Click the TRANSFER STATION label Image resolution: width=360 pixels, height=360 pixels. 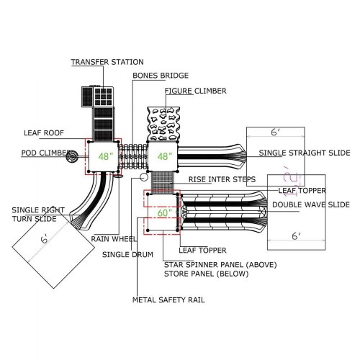pos(107,62)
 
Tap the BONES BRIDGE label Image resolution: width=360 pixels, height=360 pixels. pos(161,76)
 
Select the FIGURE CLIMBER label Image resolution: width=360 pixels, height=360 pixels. pos(196,91)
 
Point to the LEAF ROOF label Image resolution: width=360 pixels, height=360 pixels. pos(44,132)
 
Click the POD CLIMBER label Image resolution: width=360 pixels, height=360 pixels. pos(46,153)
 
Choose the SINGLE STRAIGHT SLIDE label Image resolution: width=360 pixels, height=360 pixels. pos(305,153)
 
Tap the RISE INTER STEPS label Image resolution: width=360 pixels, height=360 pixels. pos(222,179)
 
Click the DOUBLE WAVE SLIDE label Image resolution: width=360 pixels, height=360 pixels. pos(311,204)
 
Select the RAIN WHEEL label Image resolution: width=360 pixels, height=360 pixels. pos(114,239)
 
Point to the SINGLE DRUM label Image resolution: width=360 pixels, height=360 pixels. pos(127,254)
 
